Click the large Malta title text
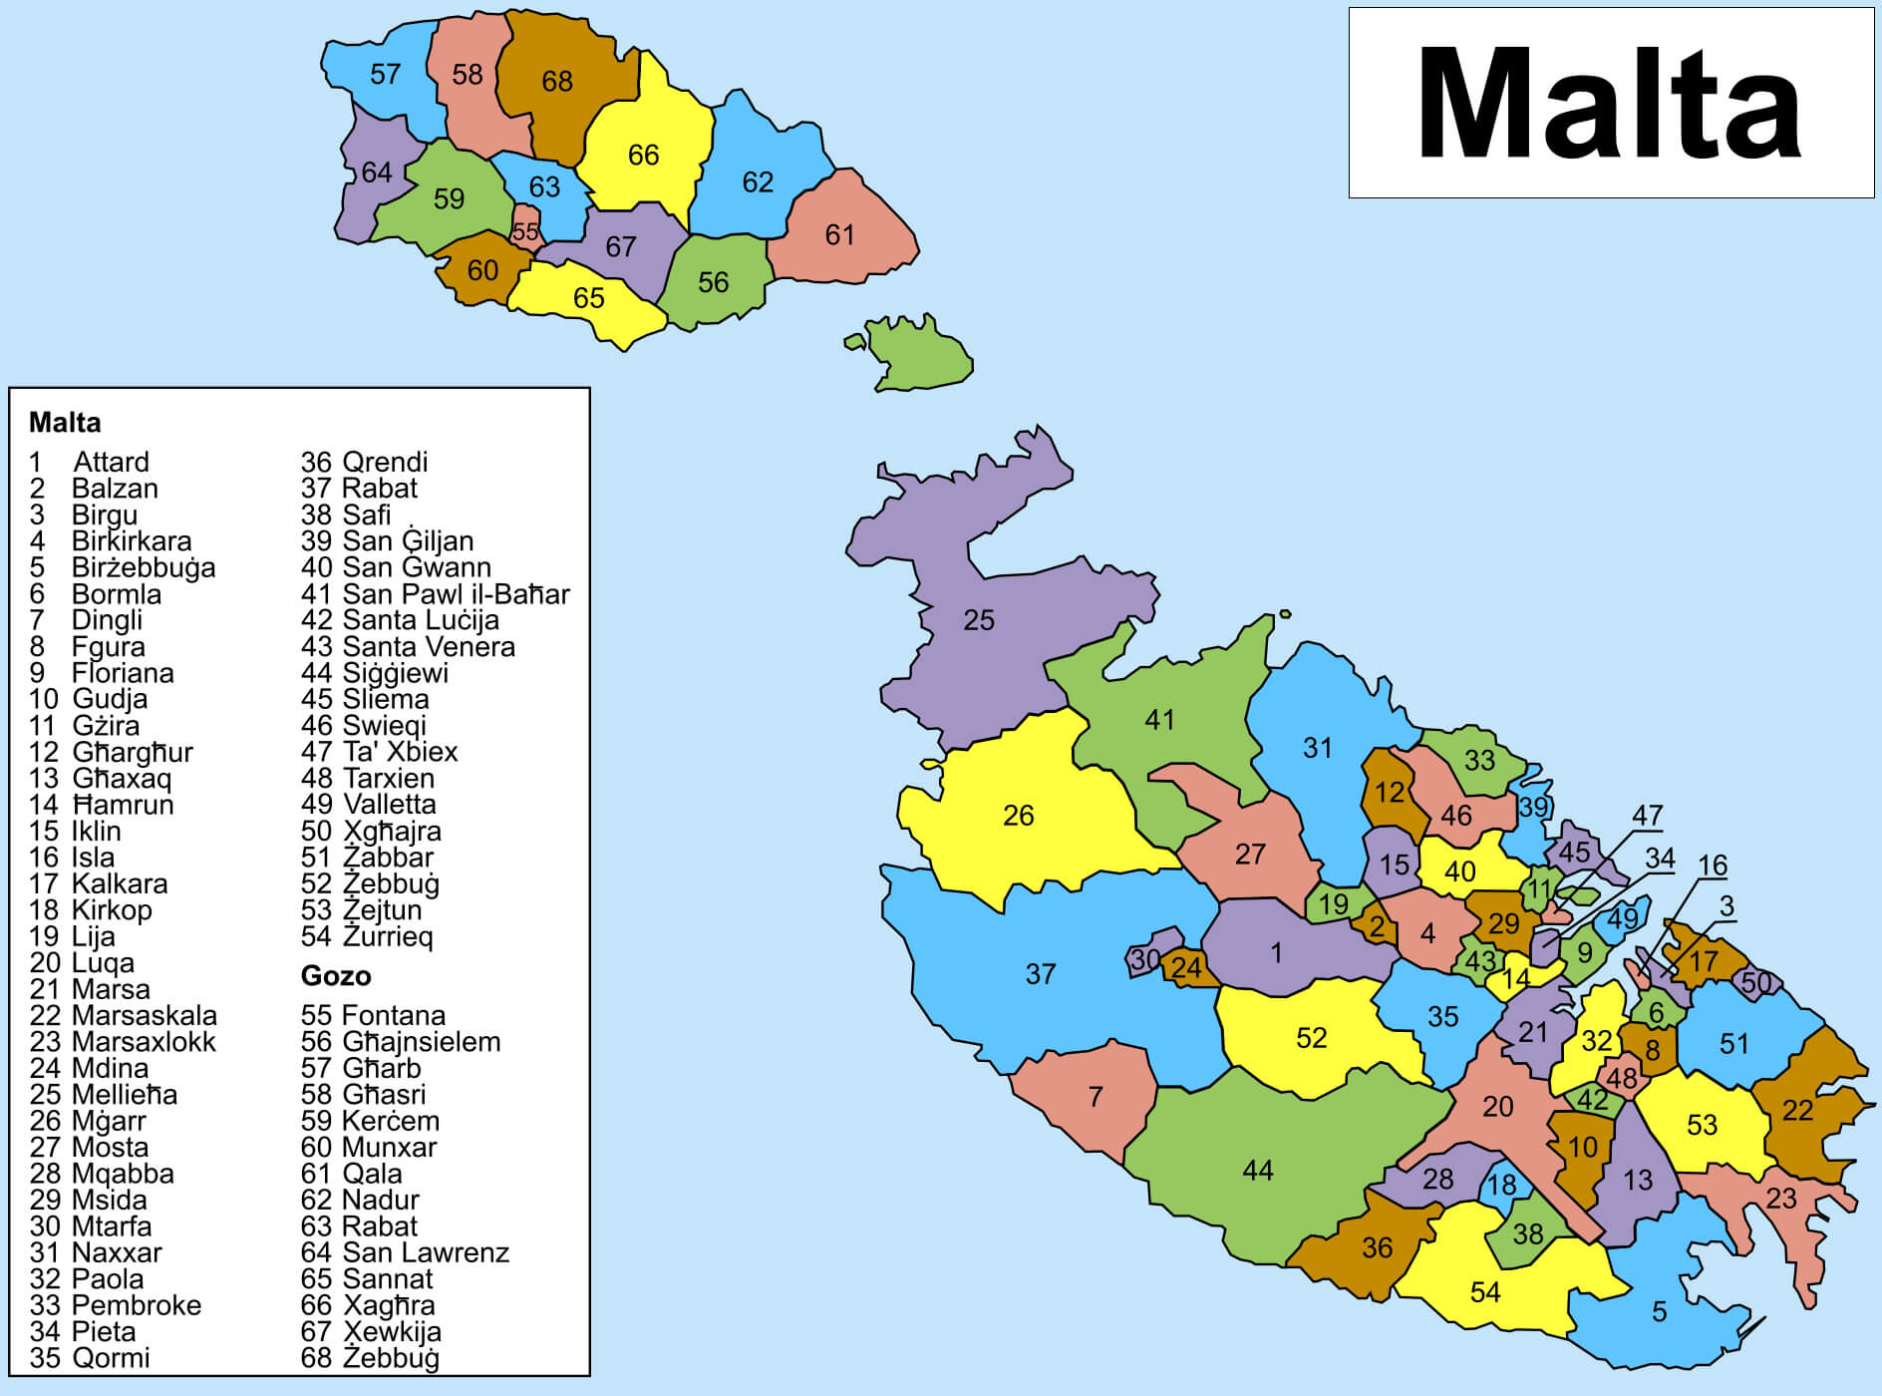tap(1610, 103)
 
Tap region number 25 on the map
tap(978, 620)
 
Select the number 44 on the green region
tap(1257, 1170)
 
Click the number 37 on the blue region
tap(1040, 974)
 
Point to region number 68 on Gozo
tap(556, 81)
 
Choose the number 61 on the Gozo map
tap(839, 234)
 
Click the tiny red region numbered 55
tap(524, 232)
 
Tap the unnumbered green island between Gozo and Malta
tap(919, 357)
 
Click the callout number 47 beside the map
tap(1647, 816)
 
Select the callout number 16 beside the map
tap(1712, 866)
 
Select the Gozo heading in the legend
tap(335, 975)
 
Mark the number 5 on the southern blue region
tap(1659, 1311)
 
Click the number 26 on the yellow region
tap(1018, 816)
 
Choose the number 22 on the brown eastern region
tap(1797, 1110)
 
